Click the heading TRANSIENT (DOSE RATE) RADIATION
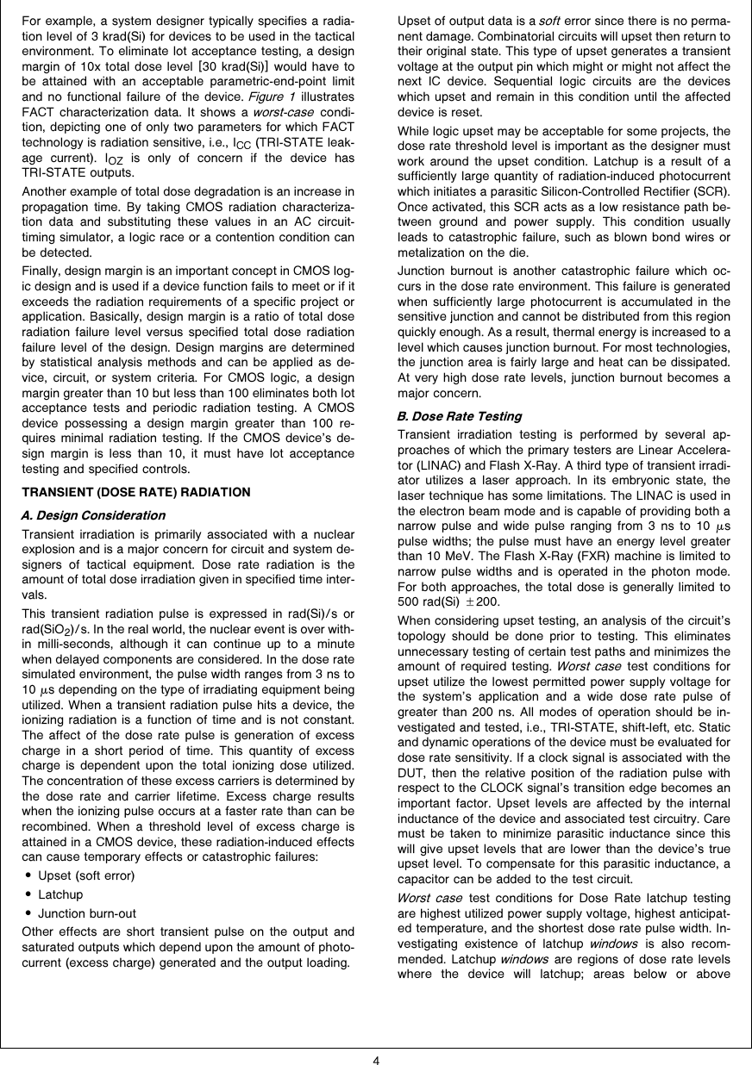[135, 492]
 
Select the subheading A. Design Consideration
[92, 515]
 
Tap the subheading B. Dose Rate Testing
[459, 416]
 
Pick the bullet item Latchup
[61, 894]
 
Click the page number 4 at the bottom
[376, 1059]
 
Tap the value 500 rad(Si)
[425, 601]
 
